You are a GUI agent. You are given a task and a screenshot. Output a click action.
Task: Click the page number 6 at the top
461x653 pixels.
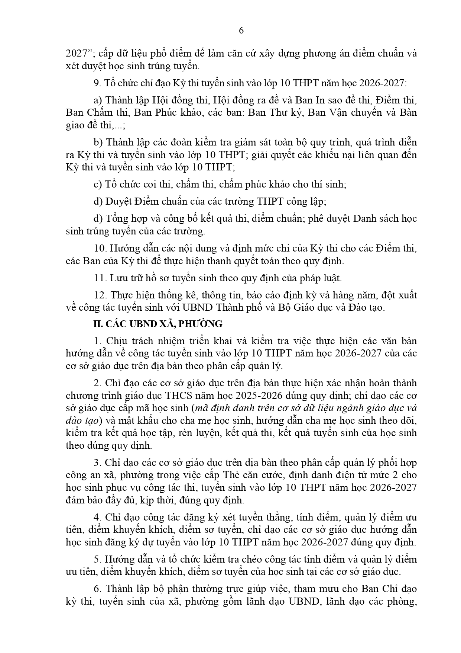[241, 31]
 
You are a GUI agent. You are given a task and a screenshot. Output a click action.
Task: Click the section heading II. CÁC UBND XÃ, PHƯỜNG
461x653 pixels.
[158, 324]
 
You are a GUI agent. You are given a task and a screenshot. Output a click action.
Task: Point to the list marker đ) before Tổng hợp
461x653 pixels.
[98, 218]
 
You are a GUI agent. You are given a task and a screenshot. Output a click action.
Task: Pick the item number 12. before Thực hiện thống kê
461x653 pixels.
[100, 295]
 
